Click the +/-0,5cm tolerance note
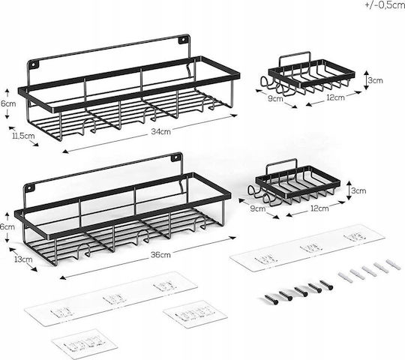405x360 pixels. point(385,5)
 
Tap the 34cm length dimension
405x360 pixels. point(160,132)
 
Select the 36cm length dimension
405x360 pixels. point(160,255)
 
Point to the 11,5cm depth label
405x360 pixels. point(23,136)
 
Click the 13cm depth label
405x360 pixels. point(24,259)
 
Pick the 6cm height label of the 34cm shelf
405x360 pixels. point(8,103)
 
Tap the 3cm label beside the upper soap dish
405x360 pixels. point(375,80)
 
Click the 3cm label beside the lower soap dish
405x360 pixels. point(358,190)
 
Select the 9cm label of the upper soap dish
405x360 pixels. point(275,98)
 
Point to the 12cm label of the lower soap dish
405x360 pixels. point(319,208)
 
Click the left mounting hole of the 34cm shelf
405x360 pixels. point(34,64)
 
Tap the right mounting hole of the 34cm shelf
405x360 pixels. point(183,40)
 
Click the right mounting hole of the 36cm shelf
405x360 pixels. point(176,157)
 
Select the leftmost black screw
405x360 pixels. point(271,299)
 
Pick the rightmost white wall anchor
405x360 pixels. point(394,265)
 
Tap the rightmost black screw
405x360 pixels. point(326,284)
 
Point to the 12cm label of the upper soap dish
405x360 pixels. point(335,97)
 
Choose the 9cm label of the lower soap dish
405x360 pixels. point(258,208)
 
